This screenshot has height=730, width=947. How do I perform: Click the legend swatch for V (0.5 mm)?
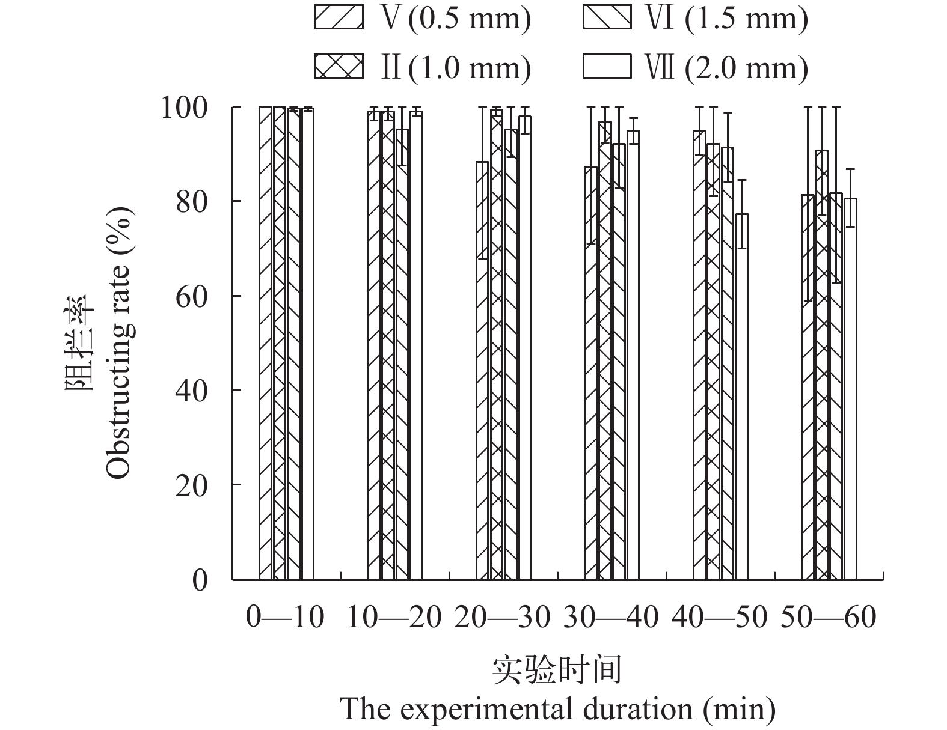click(339, 18)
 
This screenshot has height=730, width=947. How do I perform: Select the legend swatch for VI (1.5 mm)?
click(607, 18)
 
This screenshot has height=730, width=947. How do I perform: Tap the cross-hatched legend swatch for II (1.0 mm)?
click(339, 66)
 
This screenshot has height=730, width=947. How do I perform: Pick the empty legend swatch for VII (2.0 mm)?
click(607, 66)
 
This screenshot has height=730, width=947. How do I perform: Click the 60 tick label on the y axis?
click(192, 296)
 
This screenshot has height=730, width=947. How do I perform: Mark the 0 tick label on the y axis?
click(200, 580)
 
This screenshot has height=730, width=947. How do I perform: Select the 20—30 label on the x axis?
click(502, 617)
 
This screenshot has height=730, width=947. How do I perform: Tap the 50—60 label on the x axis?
click(828, 617)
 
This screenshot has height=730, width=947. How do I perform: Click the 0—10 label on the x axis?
click(285, 617)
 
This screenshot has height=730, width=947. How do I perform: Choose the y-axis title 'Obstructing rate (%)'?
click(118, 342)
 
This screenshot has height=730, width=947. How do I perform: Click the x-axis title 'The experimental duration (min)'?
click(558, 710)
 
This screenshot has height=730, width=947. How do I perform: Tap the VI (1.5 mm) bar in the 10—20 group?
click(402, 354)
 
